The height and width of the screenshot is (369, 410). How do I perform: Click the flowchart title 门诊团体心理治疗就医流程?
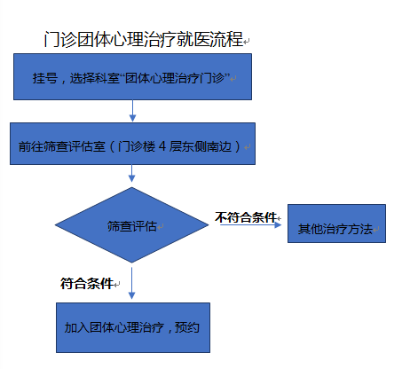pyautogui.click(x=144, y=39)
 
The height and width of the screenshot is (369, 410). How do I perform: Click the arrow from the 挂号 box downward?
pyautogui.click(x=132, y=111)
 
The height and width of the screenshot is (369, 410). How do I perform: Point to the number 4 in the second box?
pyautogui.click(x=162, y=146)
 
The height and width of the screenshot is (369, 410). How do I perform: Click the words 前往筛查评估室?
pyautogui.click(x=61, y=146)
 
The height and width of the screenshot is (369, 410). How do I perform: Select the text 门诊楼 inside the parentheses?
pyautogui.click(x=137, y=146)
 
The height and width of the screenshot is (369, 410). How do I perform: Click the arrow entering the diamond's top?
pyautogui.click(x=131, y=173)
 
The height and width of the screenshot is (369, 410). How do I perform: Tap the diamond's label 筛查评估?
pyautogui.click(x=131, y=226)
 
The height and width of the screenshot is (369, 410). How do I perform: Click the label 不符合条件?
pyautogui.click(x=246, y=217)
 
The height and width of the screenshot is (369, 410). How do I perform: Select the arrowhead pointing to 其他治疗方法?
pyautogui.click(x=278, y=225)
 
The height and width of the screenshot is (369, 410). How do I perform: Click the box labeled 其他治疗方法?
pyautogui.click(x=336, y=224)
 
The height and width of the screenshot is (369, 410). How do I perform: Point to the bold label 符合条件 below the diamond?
pyautogui.click(x=87, y=284)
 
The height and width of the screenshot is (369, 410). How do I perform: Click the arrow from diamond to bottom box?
pyautogui.click(x=131, y=283)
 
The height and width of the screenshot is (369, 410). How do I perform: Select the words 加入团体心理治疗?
pyautogui.click(x=114, y=327)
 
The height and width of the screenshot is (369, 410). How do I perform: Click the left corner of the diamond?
pyautogui.click(x=55, y=225)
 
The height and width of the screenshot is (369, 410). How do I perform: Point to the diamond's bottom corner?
pyautogui.click(x=131, y=263)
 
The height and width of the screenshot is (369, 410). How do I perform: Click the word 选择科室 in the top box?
pyautogui.click(x=94, y=78)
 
